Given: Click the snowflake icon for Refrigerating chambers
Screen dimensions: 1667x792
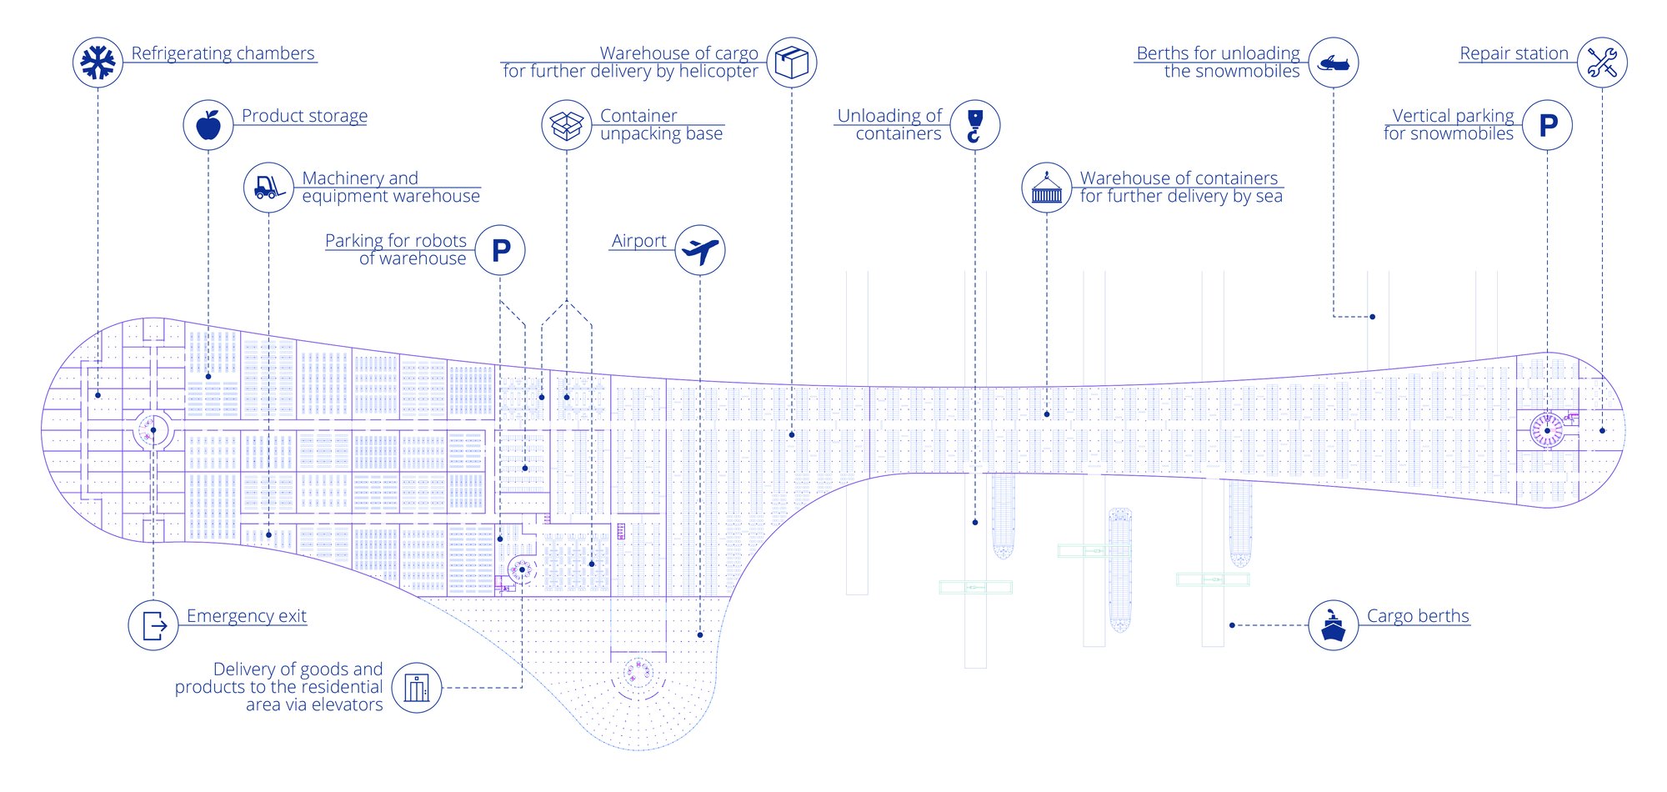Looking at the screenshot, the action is (98, 63).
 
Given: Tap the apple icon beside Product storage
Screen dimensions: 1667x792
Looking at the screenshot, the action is (208, 125).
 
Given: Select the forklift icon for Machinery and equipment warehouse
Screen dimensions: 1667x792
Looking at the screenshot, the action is (268, 188).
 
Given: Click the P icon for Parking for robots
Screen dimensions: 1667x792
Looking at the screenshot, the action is (500, 250).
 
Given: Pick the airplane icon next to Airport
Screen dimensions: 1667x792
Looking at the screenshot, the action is (700, 250).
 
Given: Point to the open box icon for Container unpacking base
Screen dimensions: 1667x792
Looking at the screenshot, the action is (567, 125).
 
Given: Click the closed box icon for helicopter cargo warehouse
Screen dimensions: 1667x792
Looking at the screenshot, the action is (792, 63).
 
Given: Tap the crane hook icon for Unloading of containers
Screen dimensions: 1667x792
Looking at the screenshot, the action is (975, 125).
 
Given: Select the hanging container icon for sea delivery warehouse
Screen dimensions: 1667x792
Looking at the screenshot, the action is (1047, 188).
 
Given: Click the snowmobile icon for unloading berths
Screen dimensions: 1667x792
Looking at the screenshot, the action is (1334, 63).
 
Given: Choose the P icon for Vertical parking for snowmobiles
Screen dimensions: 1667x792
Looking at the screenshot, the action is (1548, 125).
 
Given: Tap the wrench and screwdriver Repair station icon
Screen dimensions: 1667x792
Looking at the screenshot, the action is (1602, 63).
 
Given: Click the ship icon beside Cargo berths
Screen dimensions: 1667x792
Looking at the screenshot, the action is (1334, 625).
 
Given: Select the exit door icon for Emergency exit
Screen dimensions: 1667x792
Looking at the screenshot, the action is (153, 625).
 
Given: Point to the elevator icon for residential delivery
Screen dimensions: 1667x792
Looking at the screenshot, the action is (417, 688).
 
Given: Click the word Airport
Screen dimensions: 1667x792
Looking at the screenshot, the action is (638, 241).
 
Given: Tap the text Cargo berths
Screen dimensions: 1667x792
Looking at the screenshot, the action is (1418, 616).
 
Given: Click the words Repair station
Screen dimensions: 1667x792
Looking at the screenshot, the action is (1514, 53).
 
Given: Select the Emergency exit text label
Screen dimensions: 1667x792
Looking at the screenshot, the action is (247, 616).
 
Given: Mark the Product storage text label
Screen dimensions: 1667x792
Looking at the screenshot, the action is (304, 116).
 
